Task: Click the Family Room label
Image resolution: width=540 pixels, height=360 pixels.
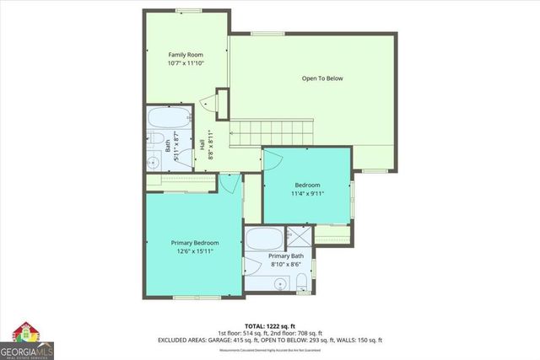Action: [185, 53]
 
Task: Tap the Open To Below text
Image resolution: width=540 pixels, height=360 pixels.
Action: [322, 78]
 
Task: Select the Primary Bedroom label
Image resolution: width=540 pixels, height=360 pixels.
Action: [194, 242]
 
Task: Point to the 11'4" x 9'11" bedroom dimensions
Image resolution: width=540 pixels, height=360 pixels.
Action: [307, 193]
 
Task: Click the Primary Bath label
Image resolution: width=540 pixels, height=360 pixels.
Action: [285, 255]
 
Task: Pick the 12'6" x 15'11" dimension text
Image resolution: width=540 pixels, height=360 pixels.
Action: [194, 250]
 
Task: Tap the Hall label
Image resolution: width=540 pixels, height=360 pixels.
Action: [202, 144]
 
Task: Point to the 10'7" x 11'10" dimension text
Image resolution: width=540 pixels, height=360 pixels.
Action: [185, 62]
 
